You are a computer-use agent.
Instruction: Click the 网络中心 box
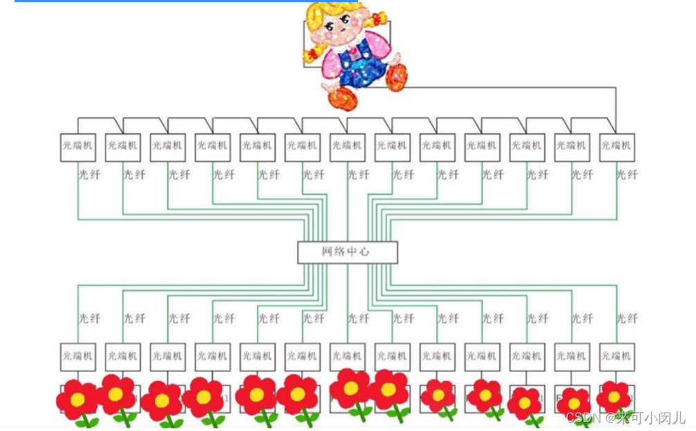click(347, 252)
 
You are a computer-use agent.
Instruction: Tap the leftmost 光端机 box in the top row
click(78, 147)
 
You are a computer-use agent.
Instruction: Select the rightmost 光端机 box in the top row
click(616, 147)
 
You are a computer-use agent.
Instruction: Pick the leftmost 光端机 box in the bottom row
click(78, 357)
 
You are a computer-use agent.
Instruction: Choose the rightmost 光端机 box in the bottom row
click(616, 357)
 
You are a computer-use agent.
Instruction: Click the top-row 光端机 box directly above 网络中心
click(347, 147)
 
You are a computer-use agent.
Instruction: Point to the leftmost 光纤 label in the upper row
click(89, 175)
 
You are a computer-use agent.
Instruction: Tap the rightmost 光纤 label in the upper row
click(627, 175)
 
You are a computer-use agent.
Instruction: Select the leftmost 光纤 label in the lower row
click(89, 319)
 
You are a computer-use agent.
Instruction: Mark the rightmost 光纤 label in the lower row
click(627, 319)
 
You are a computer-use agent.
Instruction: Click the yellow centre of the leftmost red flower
click(78, 400)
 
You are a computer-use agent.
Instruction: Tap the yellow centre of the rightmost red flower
click(614, 398)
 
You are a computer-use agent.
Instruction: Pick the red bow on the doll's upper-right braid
click(378, 17)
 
